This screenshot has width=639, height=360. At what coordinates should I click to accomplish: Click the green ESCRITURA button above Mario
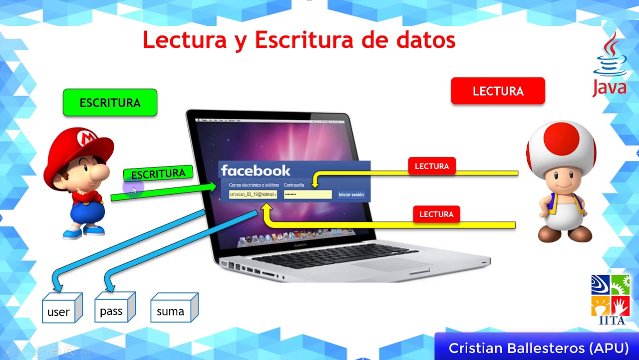click(110, 102)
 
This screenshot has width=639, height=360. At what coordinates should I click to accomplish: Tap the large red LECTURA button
click(498, 91)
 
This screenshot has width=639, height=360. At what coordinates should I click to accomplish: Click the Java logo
click(610, 65)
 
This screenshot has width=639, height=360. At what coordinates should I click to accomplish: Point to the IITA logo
click(611, 299)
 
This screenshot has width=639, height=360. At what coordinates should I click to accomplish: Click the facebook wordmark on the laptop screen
click(255, 171)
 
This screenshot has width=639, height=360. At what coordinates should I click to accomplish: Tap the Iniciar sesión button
click(351, 194)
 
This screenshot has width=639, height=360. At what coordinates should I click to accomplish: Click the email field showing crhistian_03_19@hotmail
click(253, 194)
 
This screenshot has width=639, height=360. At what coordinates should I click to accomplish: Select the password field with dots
click(308, 194)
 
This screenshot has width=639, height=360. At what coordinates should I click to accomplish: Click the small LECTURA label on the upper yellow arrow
click(432, 166)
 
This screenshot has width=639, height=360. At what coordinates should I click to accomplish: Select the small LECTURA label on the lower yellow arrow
click(436, 214)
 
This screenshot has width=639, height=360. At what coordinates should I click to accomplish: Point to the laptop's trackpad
click(394, 264)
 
